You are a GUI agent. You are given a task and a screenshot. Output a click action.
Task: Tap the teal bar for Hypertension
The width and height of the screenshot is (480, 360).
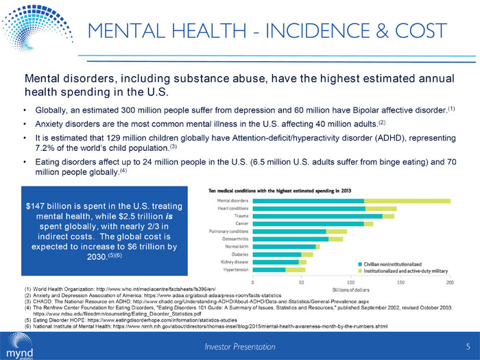coord(269,269)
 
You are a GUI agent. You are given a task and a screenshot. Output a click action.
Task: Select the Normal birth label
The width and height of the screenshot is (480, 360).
coord(235,245)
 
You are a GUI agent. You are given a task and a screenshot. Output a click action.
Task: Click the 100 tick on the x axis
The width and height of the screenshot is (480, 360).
coord(352,281)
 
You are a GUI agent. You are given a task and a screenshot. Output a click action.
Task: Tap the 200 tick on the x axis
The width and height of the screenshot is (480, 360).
coord(450,281)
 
